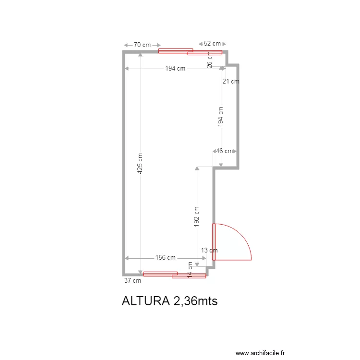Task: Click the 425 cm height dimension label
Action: tap(140, 163)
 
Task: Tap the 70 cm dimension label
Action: tap(142, 45)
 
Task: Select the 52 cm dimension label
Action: tap(212, 43)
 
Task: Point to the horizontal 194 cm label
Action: tap(175, 69)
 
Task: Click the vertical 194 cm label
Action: tap(220, 117)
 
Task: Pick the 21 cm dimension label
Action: tap(231, 81)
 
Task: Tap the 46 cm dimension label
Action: tap(224, 151)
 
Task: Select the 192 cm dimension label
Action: tap(196, 216)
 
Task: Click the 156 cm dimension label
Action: tap(165, 257)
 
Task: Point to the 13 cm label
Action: tap(209, 250)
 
